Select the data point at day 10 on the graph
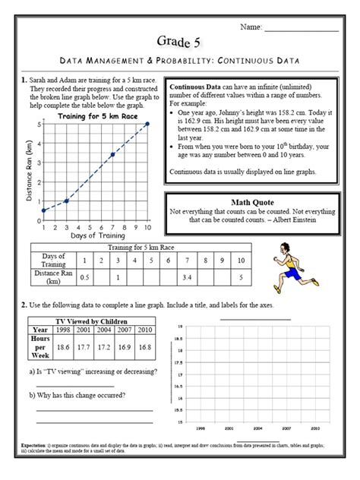(x=147, y=124)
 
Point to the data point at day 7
(x=113, y=154)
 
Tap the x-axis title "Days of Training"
(x=94, y=236)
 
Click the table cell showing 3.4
(x=187, y=277)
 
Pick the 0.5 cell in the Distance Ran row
(x=85, y=277)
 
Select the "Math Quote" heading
(x=250, y=201)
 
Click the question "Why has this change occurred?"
(x=77, y=396)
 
